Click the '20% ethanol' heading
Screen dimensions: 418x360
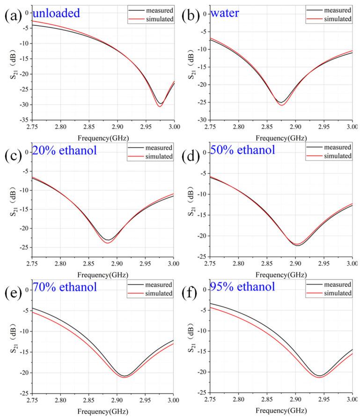coord(64,151)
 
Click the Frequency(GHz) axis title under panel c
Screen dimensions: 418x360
coord(102,275)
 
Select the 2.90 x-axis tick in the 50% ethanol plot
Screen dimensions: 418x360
coord(295,264)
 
